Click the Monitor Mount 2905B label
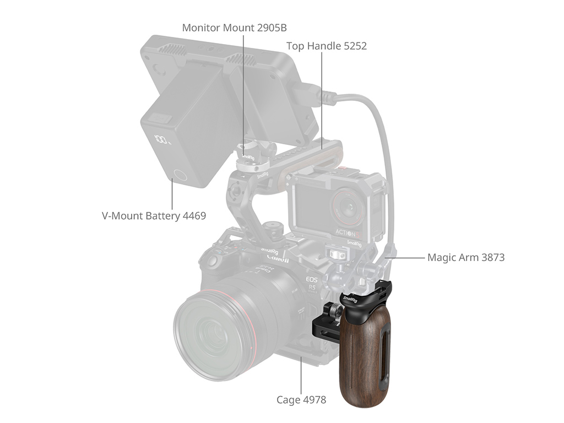(x=234, y=28)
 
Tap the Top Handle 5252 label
(x=327, y=46)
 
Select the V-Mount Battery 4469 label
(x=154, y=216)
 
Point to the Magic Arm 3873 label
(x=466, y=258)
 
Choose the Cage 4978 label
(x=301, y=400)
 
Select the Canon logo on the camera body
(x=278, y=259)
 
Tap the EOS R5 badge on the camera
(x=312, y=284)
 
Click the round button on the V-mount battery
(x=179, y=176)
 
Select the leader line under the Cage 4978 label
(x=301, y=376)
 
